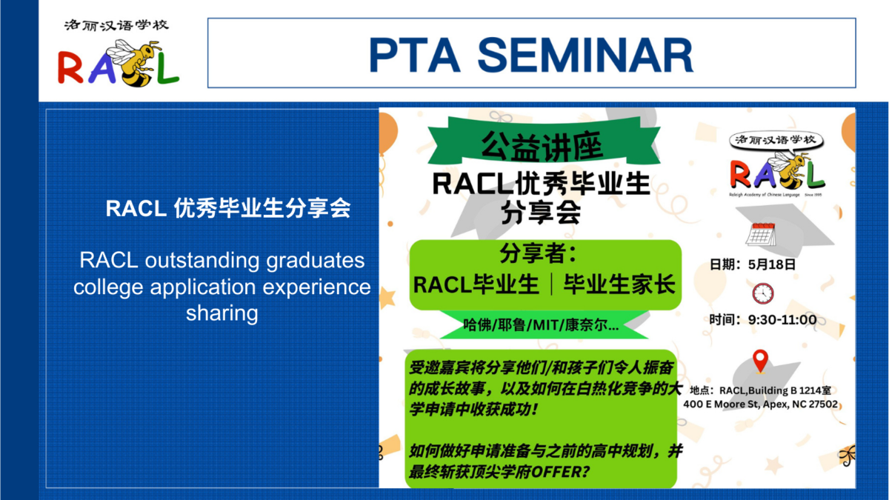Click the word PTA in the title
point(415,55)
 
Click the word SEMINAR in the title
point(585,55)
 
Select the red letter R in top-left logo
point(70,67)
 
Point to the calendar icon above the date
point(761,235)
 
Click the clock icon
point(763,293)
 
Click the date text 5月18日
point(772,264)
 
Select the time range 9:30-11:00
point(782,319)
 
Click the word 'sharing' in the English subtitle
point(222,313)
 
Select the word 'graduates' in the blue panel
point(315,261)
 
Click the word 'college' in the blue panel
point(109,287)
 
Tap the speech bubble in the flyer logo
point(776,141)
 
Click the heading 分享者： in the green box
point(539,253)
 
